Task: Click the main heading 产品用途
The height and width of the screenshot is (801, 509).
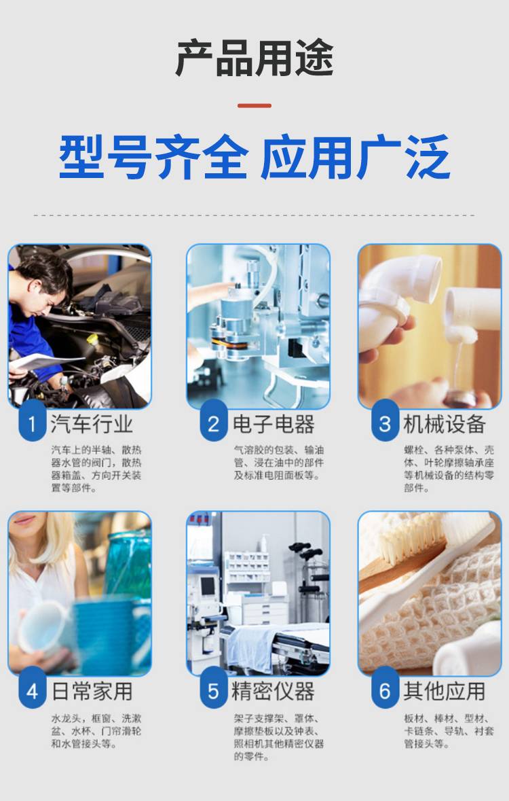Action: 254,58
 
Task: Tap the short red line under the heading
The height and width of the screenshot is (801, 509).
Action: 254,106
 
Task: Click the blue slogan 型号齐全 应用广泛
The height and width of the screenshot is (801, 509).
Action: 254,157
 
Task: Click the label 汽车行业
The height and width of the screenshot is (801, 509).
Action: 92,423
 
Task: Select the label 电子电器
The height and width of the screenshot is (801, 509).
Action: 274,423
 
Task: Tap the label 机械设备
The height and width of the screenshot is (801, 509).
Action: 444,423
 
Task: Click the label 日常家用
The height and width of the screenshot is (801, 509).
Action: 92,691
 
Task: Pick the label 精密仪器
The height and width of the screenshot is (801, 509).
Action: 274,691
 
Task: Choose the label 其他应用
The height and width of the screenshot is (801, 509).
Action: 444,691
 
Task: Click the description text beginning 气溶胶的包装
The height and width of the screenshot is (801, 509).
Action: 279,462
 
